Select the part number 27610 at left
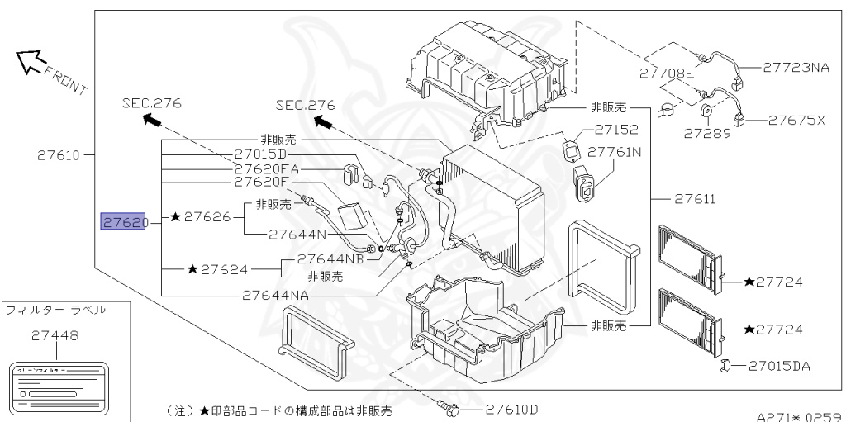pos(59,154)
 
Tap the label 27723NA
pos(795,68)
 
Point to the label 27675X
pos(796,119)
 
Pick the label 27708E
pos(666,73)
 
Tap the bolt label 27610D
pos(511,409)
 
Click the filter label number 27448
pos(55,336)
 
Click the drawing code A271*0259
pos(798,417)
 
